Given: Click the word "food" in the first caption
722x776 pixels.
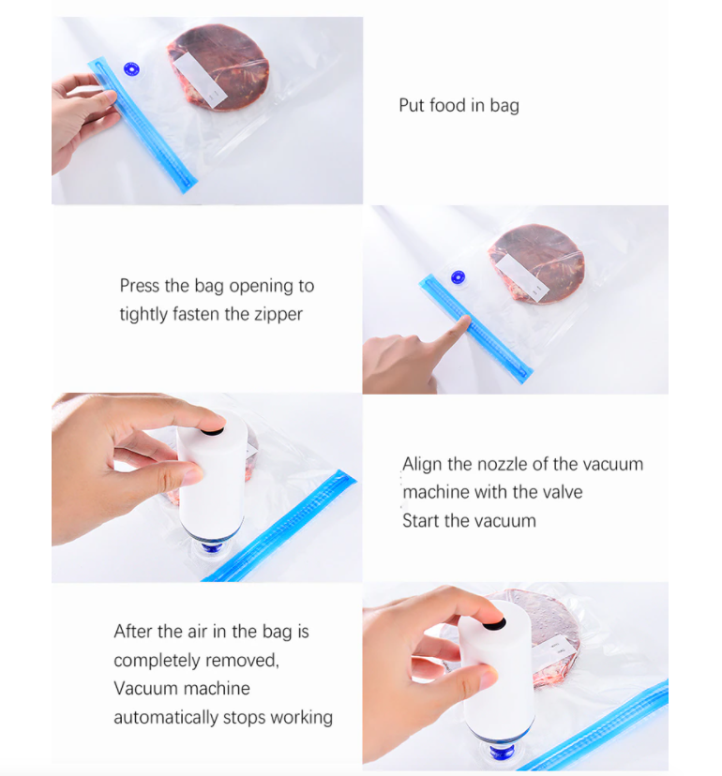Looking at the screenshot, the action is coord(447,105).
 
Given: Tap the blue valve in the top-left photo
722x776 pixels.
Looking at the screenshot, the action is coord(131,69).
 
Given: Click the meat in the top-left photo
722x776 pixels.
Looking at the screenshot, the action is coord(218,67).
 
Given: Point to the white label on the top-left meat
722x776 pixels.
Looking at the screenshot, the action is coord(200,80).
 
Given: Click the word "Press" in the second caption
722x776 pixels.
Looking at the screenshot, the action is coord(140,286).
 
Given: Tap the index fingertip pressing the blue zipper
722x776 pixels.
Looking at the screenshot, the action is coord(464,321).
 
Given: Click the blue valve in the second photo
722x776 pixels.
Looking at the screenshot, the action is coord(459,277).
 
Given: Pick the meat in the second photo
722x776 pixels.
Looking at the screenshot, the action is coord(536,263).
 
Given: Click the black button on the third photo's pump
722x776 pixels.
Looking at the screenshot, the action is coord(213,431).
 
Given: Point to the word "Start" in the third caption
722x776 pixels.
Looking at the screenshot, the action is coord(420,521).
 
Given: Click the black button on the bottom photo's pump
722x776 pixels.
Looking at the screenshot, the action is coord(494,623).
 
